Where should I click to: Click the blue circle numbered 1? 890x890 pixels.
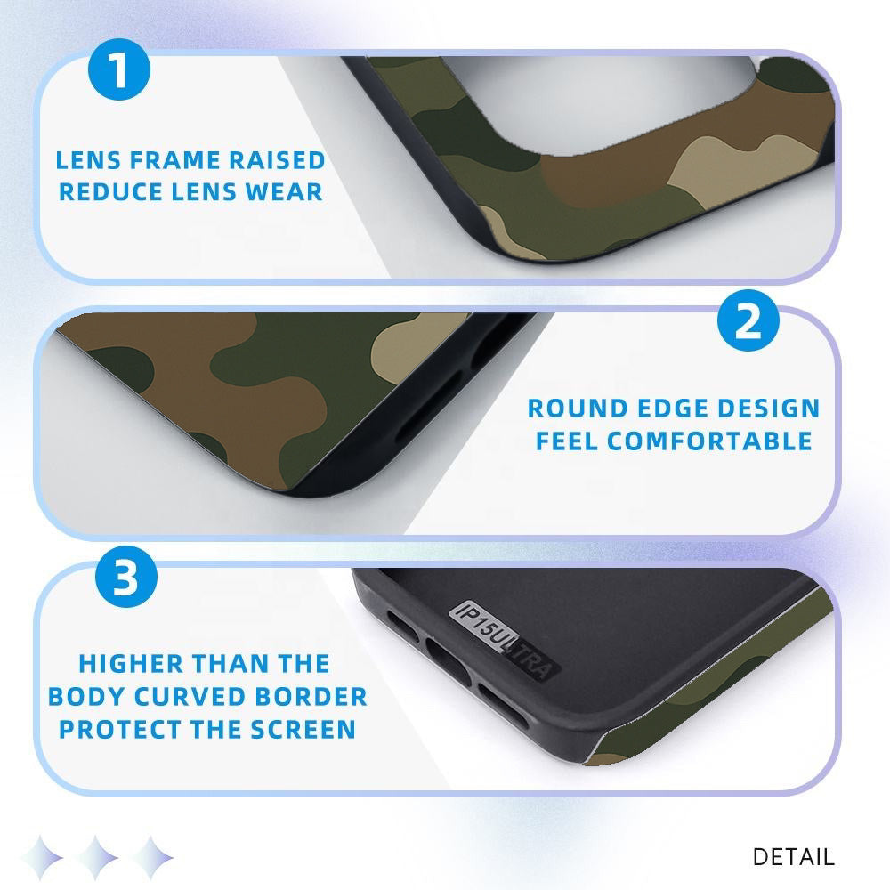[119, 69]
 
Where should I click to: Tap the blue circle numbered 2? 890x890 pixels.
[748, 320]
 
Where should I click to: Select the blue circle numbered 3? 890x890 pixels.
[126, 577]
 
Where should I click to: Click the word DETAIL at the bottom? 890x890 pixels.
[794, 857]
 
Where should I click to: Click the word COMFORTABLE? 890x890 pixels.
[709, 441]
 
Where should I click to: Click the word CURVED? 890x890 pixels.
[189, 697]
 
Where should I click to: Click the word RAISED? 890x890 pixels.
[277, 160]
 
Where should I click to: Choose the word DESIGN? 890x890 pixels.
[769, 409]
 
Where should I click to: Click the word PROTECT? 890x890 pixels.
[120, 730]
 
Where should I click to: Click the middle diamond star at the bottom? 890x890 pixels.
[96, 857]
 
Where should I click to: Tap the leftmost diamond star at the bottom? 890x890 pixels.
[42, 857]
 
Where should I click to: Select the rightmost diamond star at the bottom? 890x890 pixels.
[151, 857]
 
